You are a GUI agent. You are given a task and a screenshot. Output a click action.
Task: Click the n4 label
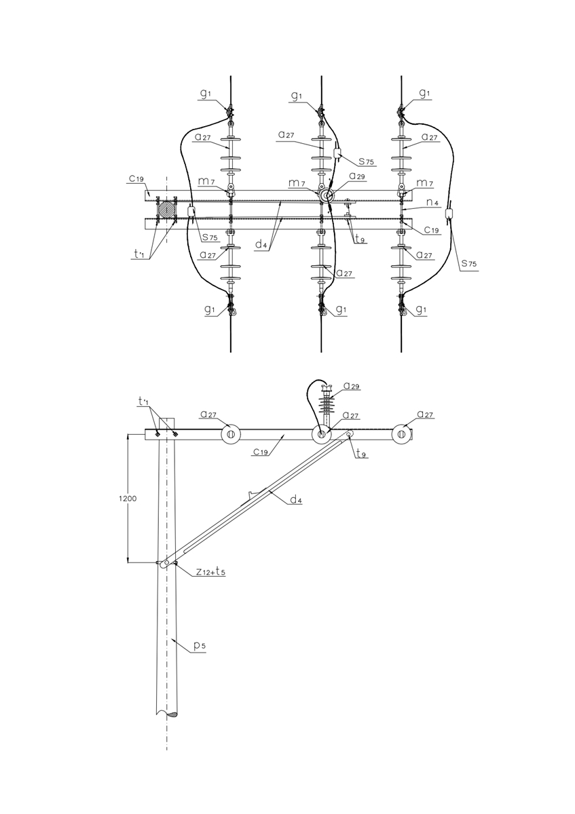(x=432, y=201)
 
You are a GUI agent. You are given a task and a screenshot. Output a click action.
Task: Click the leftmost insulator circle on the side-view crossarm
(x=231, y=434)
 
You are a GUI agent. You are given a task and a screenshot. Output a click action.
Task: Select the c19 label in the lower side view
(x=262, y=452)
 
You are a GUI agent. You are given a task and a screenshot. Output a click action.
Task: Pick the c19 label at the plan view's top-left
(x=136, y=178)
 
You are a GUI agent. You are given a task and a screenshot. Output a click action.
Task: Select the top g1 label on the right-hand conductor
(x=425, y=93)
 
